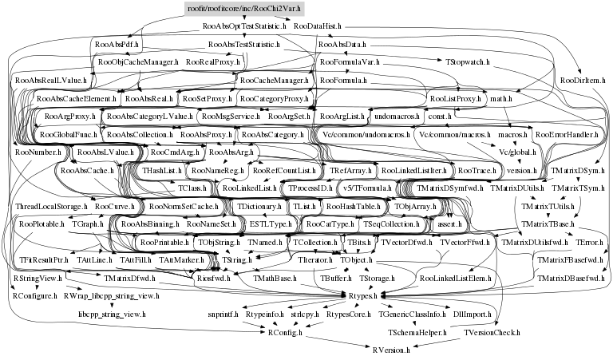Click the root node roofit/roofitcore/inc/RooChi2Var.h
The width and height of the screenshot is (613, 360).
(233, 9)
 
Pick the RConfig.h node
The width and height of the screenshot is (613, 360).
(286, 331)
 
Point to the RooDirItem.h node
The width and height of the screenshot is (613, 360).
(582, 81)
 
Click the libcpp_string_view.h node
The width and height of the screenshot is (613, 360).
(112, 314)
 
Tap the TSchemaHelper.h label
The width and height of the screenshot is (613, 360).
(417, 331)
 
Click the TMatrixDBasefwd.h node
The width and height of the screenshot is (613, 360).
(568, 279)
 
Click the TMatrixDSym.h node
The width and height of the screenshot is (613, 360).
(579, 170)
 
